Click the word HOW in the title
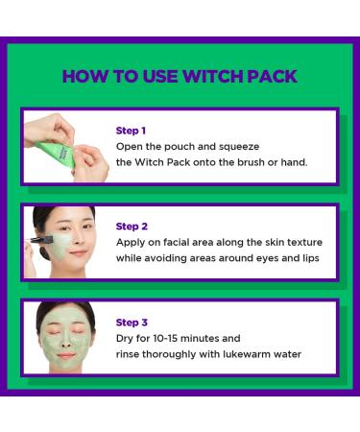(84, 76)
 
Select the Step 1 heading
(131, 130)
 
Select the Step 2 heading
(132, 227)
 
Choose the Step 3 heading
(132, 323)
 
